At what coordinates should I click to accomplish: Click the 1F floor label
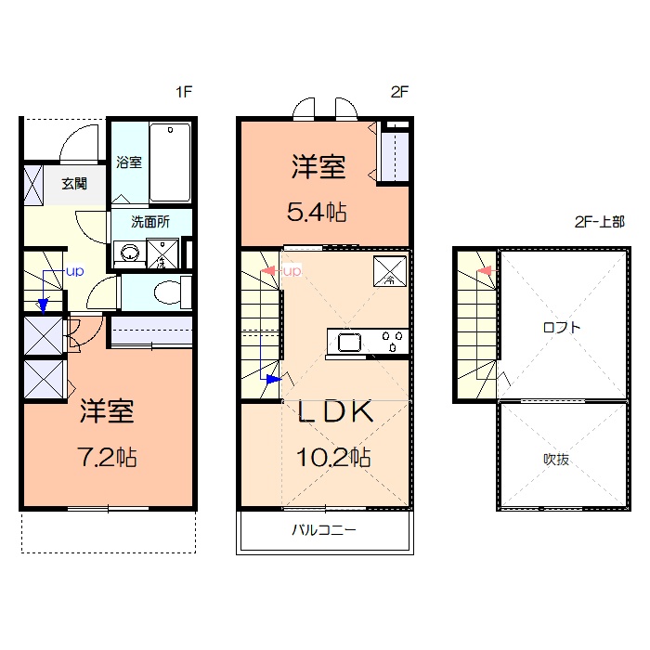[x=184, y=92]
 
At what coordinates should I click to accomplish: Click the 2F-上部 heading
[x=600, y=222]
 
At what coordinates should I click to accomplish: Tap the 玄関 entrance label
[x=74, y=183]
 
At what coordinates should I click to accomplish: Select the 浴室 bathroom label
[x=129, y=162]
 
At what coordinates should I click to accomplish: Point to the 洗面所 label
[x=150, y=222]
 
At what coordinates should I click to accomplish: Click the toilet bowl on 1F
[x=167, y=292]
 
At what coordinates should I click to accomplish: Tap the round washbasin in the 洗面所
[x=130, y=252]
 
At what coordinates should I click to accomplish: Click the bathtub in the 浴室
[x=170, y=162]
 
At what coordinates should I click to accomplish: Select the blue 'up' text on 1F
[x=75, y=272]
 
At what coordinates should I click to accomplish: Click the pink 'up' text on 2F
[x=292, y=271]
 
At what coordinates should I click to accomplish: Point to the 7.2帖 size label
[x=107, y=457]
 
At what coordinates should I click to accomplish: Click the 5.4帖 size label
[x=317, y=213]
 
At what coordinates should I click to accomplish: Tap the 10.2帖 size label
[x=333, y=457]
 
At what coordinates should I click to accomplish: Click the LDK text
[x=335, y=411]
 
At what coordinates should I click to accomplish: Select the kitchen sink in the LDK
[x=349, y=343]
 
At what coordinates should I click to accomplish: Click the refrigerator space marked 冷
[x=390, y=271]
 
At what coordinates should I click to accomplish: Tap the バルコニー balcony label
[x=324, y=530]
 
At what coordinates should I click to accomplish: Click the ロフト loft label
[x=562, y=328]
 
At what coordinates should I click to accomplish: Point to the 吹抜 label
[x=556, y=460]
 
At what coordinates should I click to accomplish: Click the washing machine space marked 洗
[x=162, y=253]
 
